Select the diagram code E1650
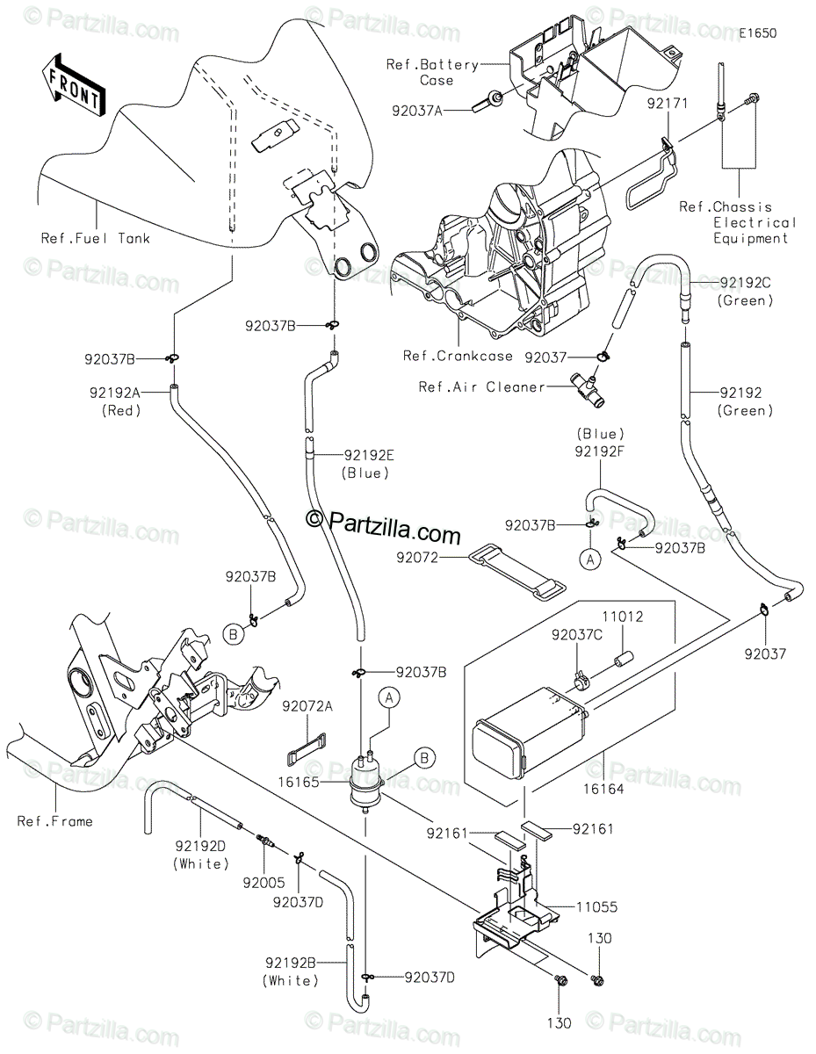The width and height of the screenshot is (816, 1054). pyautogui.click(x=757, y=33)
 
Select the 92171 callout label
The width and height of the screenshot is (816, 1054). pyautogui.click(x=669, y=105)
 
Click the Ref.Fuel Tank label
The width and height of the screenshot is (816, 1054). pyautogui.click(x=95, y=238)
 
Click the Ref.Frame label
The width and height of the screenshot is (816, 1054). pyautogui.click(x=54, y=821)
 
